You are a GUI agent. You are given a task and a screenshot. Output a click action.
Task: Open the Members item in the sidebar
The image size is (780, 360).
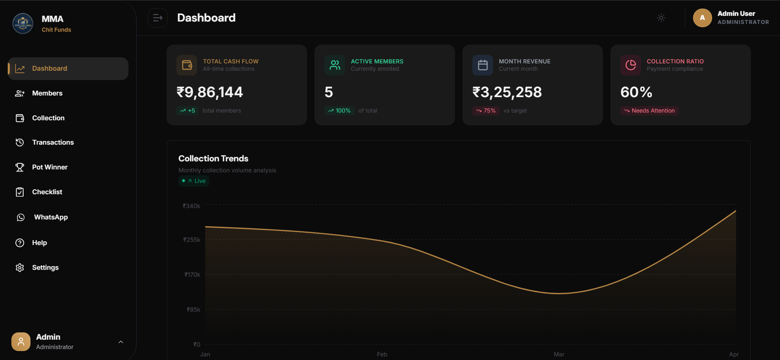point(47,93)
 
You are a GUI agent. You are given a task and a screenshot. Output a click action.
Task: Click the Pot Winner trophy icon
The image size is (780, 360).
point(20,167)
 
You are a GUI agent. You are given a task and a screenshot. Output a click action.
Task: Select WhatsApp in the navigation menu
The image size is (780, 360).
point(51,217)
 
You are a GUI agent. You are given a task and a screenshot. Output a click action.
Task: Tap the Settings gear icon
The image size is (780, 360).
point(20,267)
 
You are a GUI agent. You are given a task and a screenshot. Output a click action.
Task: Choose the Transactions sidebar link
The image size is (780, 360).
point(53,142)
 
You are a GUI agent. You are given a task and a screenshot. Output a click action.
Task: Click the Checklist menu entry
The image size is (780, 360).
point(47,192)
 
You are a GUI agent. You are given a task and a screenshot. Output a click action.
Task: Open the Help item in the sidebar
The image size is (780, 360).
point(39,243)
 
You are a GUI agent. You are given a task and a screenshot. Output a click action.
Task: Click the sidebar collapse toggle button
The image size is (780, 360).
point(158,18)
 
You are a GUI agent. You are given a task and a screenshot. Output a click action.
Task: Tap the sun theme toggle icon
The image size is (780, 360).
point(661,18)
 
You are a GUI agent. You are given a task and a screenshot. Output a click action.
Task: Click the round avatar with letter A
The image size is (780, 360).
point(702,18)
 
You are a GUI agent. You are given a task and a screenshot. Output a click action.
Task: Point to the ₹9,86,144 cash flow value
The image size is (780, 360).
point(210,92)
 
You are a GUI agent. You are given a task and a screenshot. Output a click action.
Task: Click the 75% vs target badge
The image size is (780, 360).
point(486,111)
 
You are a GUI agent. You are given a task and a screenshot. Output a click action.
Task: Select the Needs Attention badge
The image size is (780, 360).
point(649,111)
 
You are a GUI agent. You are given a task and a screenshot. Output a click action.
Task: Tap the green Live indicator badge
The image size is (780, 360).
point(194,181)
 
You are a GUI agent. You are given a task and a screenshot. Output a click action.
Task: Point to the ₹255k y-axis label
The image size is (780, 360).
point(192,240)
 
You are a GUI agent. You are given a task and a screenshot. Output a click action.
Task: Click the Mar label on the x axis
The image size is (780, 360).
point(559,354)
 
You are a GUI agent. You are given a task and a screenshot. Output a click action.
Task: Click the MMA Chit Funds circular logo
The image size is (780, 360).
point(23,24)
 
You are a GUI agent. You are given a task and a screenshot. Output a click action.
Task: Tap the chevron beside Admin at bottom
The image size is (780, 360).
point(121,342)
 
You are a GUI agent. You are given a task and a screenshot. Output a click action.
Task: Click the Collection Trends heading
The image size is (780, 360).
point(213,158)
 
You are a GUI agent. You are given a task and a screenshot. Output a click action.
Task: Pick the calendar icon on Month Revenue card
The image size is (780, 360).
point(482,65)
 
